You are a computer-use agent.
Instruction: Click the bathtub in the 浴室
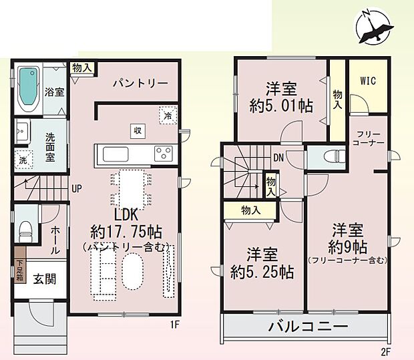[28, 88]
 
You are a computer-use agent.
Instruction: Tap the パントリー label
[140, 83]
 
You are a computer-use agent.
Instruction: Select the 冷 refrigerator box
[166, 115]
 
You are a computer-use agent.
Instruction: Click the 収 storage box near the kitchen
[136, 130]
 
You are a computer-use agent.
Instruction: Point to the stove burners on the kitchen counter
[163, 153]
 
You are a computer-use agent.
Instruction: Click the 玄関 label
[45, 279]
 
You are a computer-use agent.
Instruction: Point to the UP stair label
[77, 188]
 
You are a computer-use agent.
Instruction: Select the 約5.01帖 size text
[280, 106]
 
